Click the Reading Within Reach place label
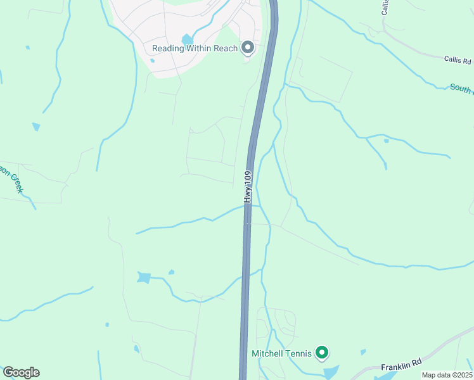coord(195,48)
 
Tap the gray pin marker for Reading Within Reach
coord(248,47)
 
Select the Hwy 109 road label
coord(248,186)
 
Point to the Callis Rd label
coord(458,61)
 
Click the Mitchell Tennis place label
coord(282,353)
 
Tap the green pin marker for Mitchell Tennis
coord(322,352)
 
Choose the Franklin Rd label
coord(401,366)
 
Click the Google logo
coord(21,372)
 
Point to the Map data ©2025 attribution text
coord(447,375)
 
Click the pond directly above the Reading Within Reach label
coord(188,40)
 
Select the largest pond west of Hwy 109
coord(144,277)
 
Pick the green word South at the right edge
coord(461,88)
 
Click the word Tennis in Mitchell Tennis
coord(298,353)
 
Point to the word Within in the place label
coord(202,48)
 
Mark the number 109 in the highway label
coord(248,178)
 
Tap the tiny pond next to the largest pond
coord(171,272)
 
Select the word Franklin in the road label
coord(396,367)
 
